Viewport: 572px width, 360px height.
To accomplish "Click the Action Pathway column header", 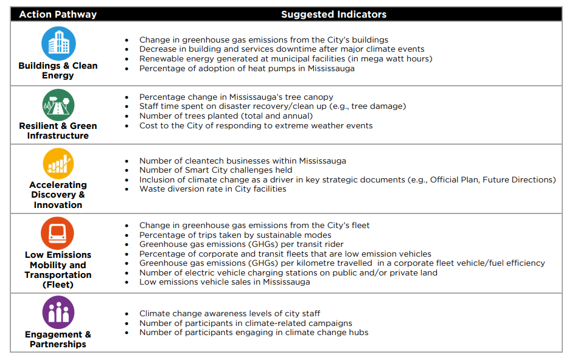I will point(58,14).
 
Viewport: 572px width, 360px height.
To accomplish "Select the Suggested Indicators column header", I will point(333,14).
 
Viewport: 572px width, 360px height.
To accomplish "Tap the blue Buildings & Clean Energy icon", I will point(58,43).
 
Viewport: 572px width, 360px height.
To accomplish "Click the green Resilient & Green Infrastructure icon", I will point(58,104).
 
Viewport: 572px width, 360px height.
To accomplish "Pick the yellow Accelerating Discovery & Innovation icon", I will point(58,163).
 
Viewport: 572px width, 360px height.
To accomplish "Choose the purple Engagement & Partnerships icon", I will point(58,312).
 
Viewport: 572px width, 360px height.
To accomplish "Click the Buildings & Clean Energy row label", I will point(58,71).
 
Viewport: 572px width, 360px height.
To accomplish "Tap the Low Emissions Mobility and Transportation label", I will point(58,269).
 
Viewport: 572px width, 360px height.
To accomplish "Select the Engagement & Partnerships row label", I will point(58,339).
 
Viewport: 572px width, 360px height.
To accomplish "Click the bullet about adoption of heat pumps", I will point(246,68).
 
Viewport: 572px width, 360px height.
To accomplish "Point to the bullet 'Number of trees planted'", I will point(226,116).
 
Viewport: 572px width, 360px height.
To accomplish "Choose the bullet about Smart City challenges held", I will point(215,170).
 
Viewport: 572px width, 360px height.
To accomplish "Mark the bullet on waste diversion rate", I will point(212,189).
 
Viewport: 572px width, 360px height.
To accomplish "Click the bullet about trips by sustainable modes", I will point(235,235).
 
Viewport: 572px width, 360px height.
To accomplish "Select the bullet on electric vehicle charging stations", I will point(288,272).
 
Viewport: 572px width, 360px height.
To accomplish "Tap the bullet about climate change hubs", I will point(254,332).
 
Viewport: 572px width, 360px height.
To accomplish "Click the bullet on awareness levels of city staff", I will point(229,314).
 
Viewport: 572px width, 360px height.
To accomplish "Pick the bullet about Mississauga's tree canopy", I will point(236,97).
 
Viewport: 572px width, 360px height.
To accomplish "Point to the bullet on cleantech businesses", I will point(242,161).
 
